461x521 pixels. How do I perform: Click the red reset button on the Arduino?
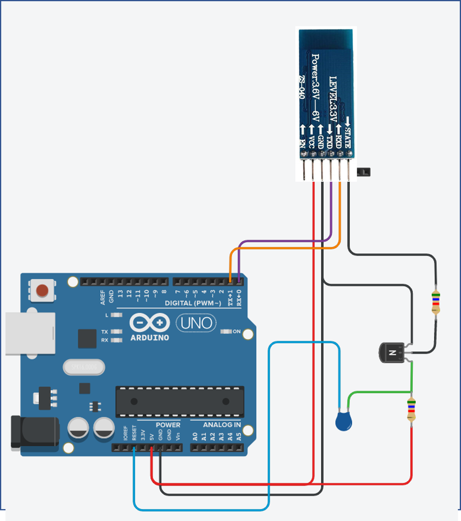(42, 291)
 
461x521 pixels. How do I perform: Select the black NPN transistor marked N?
(392, 353)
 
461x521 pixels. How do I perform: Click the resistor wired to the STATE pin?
(436, 302)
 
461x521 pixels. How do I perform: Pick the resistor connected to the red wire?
(411, 410)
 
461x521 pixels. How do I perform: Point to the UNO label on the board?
(196, 323)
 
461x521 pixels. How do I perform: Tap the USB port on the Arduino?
(30, 333)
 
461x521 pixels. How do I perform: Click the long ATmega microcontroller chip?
(180, 401)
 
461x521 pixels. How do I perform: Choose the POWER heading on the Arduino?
(167, 425)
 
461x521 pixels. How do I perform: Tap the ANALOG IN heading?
(222, 425)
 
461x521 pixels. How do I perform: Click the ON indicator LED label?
(236, 332)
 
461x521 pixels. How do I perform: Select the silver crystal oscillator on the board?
(83, 366)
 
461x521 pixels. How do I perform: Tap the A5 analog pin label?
(238, 436)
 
